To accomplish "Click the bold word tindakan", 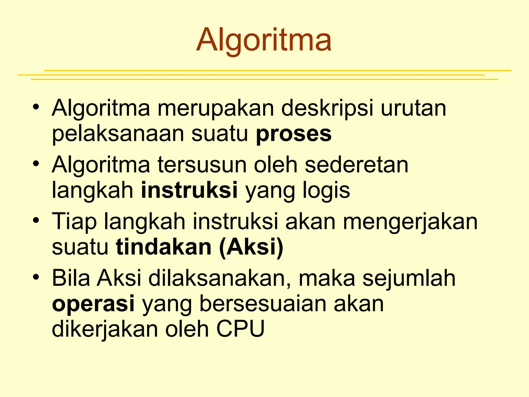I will coord(164,247).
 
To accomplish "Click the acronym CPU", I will coord(240,329).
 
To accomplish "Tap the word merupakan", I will coord(216,108).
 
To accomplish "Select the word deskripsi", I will coord(327,108).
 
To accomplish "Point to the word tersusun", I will coord(202,165).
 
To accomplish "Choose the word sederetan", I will coord(357,165).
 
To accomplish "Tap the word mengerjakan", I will coord(410,222).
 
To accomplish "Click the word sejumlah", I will coord(409,278).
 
